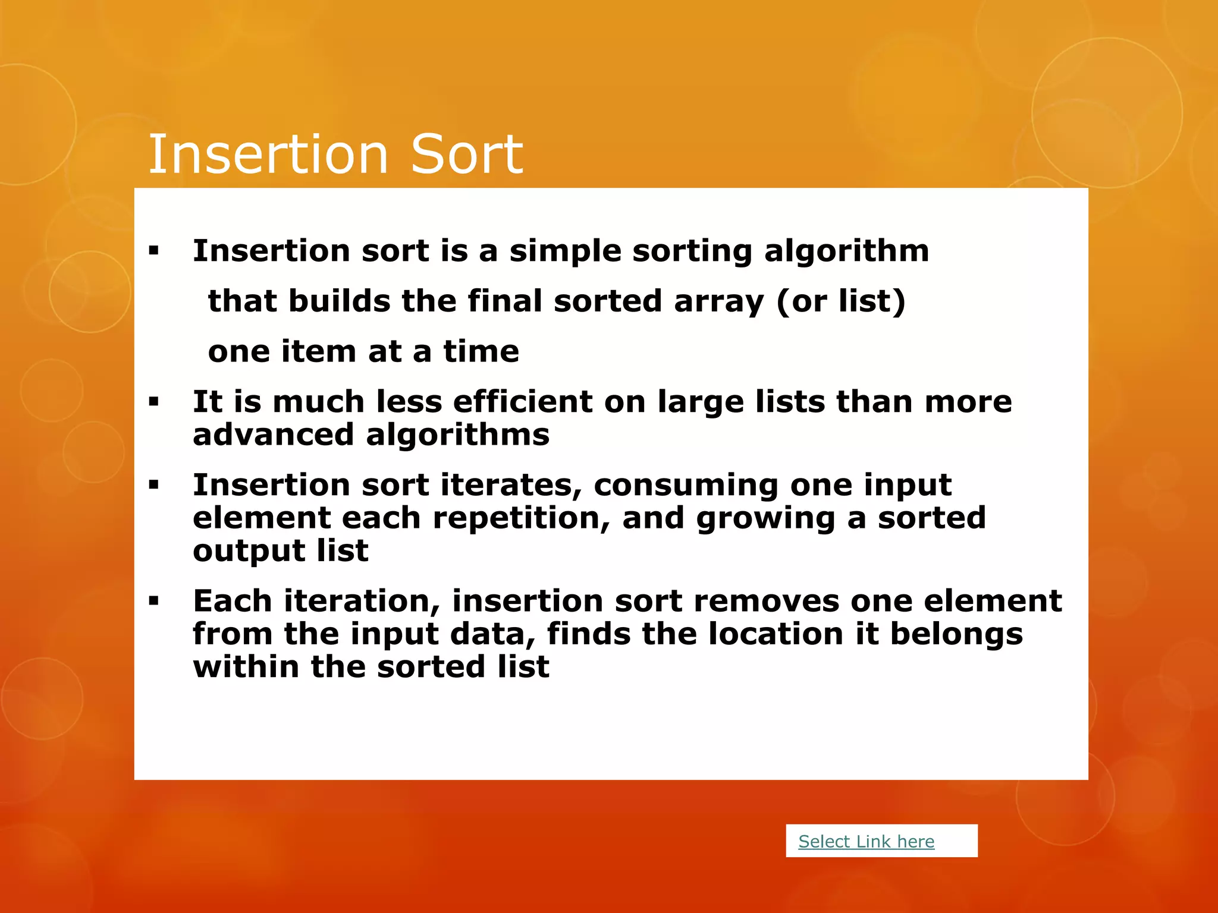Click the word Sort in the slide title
tap(466, 155)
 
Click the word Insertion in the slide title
tap(268, 155)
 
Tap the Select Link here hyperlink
tap(866, 841)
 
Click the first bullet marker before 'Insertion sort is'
tap(154, 251)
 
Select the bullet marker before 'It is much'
tap(154, 402)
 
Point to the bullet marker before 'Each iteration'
tap(154, 602)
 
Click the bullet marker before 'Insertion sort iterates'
tap(154, 486)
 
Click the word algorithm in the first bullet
tap(846, 251)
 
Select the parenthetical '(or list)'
tap(840, 301)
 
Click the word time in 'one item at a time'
tap(481, 351)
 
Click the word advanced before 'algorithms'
tap(273, 435)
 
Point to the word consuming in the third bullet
tap(686, 486)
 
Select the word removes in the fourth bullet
tap(766, 601)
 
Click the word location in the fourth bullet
tap(776, 634)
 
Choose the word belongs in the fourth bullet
tap(956, 634)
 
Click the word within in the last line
tap(246, 666)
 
